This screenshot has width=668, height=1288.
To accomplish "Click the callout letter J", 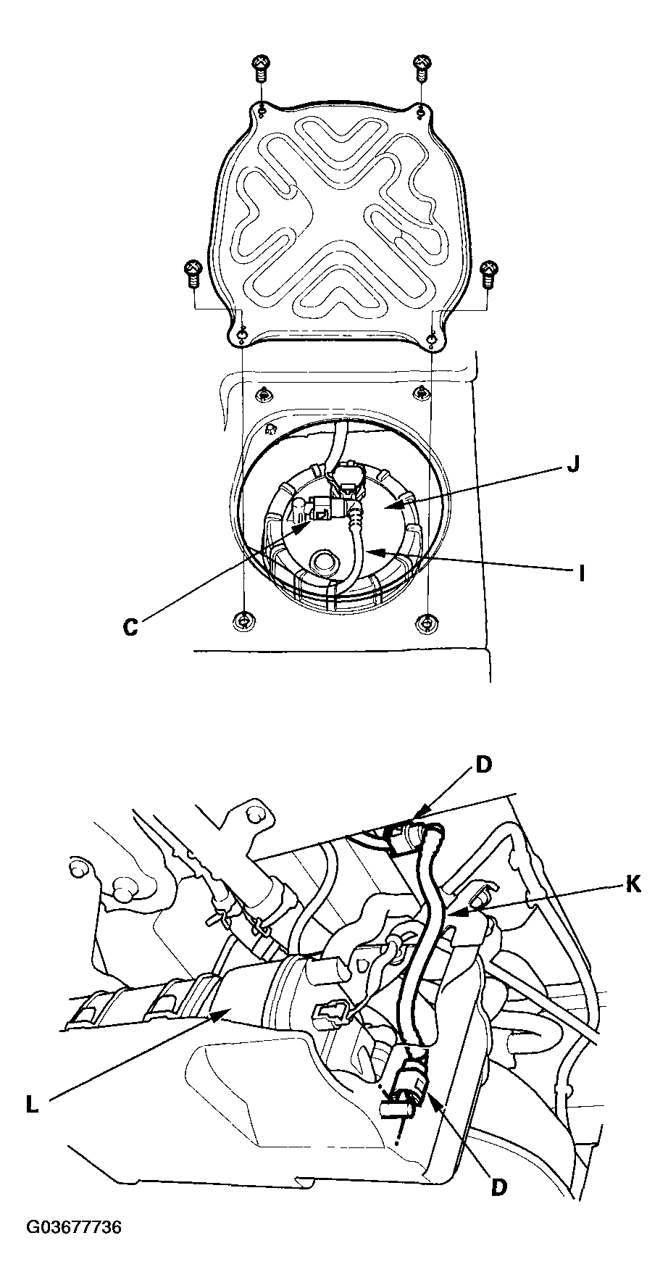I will pyautogui.click(x=572, y=465).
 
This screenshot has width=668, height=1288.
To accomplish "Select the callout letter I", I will pyautogui.click(x=580, y=574).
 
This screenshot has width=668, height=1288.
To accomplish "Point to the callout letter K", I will pyautogui.click(x=633, y=885).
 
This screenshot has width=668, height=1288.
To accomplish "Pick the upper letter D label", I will pyautogui.click(x=483, y=765).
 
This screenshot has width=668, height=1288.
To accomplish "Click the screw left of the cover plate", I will pyautogui.click(x=193, y=273).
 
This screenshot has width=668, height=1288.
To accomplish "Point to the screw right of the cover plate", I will pyautogui.click(x=490, y=273).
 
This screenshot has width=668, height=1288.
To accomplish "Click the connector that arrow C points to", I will pyautogui.click(x=319, y=510).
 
